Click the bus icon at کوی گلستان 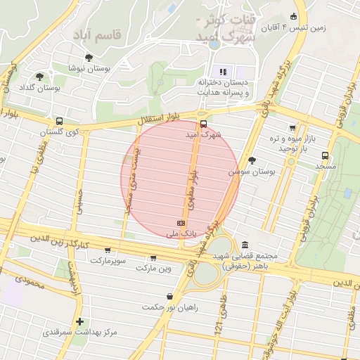[x=58, y=120]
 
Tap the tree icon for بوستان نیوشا [x=88, y=58]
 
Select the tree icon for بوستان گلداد [x=40, y=76]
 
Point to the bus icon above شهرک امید [x=203, y=120]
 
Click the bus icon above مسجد [x=325, y=155]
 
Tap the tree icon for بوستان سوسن [x=252, y=160]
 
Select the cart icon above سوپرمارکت [x=108, y=250]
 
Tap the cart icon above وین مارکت [x=154, y=258]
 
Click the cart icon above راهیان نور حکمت [x=169, y=297]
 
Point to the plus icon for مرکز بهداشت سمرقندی [x=80, y=321]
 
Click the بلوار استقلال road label [x=160, y=120]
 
